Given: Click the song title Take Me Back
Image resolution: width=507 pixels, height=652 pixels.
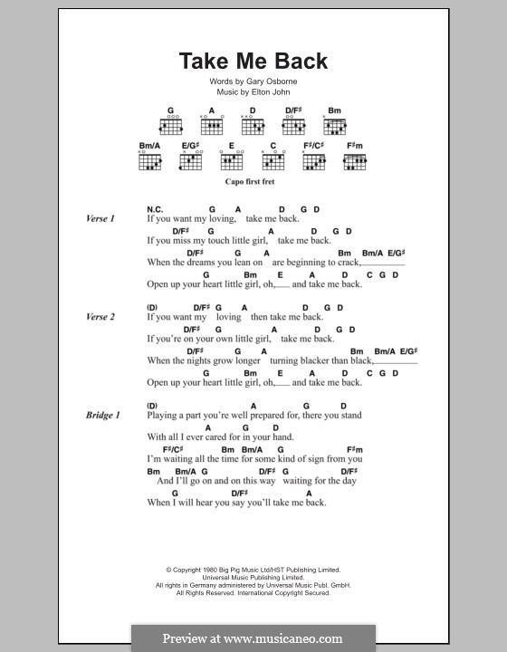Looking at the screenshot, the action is [253, 62].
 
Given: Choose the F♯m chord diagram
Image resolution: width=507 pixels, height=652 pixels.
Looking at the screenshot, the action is [354, 161].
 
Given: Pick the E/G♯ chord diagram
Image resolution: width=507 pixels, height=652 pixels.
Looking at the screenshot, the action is [189, 161].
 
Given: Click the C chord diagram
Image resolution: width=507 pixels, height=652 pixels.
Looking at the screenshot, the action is [272, 161].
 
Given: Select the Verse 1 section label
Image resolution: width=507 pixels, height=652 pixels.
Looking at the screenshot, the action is [100, 218].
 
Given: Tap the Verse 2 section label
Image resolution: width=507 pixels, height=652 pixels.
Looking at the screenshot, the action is [100, 317].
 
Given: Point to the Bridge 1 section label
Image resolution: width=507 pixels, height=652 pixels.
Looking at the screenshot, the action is [102, 415].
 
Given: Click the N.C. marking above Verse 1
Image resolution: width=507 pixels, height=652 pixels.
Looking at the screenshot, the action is [155, 209].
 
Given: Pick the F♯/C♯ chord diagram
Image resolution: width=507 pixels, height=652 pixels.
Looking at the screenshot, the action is [313, 161].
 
